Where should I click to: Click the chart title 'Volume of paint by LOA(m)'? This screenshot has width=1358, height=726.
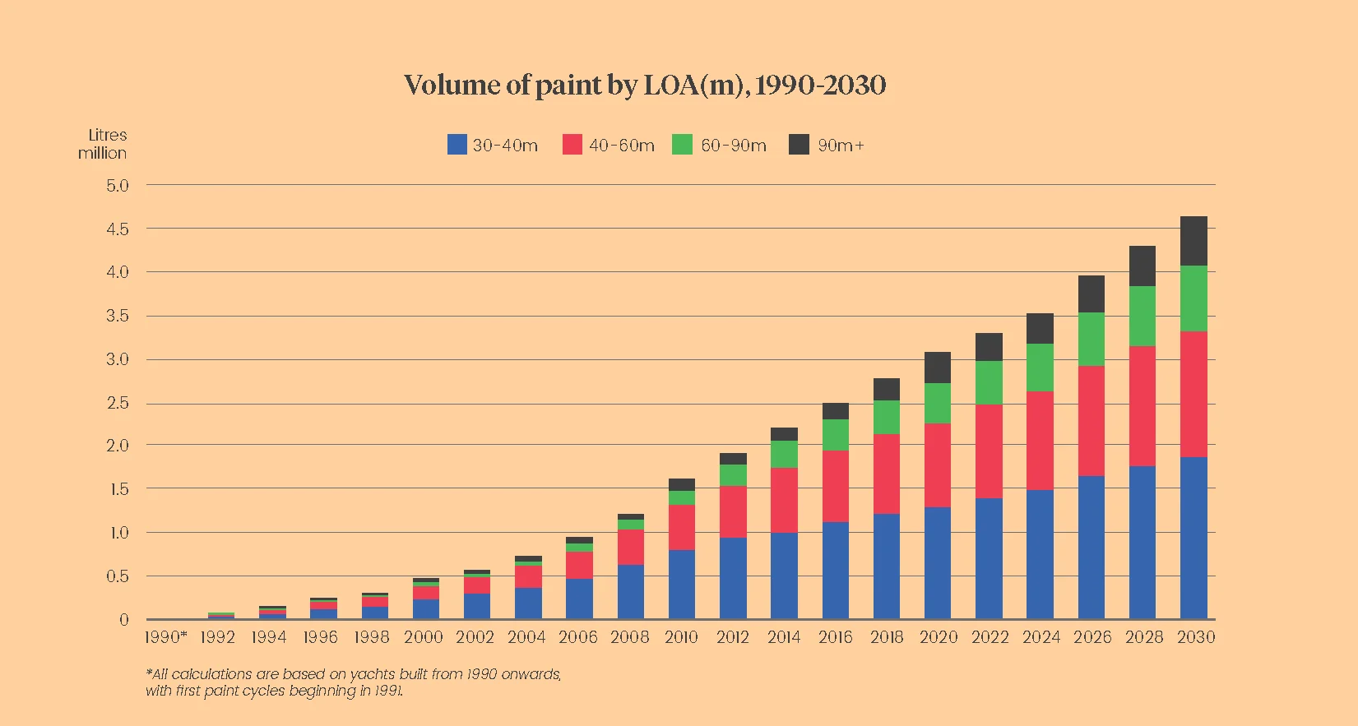[644, 85]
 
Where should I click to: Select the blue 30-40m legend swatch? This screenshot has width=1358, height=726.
[457, 145]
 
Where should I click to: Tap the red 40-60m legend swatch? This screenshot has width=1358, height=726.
[572, 145]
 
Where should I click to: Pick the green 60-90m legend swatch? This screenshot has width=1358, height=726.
[682, 145]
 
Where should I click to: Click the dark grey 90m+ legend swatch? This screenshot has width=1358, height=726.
[799, 145]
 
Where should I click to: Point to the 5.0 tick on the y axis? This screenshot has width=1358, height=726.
[118, 186]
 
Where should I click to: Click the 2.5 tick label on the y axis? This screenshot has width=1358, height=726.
[118, 403]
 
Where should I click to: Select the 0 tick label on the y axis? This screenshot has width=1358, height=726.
[124, 620]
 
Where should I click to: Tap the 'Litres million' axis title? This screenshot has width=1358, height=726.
[104, 144]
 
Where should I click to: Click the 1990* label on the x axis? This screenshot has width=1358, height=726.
[165, 637]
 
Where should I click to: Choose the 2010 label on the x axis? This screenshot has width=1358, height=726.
[681, 637]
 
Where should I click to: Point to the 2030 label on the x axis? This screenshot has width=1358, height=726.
[1195, 637]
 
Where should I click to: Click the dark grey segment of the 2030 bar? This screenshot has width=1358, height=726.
[1193, 241]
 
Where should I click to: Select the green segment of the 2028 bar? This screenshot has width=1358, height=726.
[1142, 317]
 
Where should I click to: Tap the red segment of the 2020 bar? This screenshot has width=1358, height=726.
[938, 465]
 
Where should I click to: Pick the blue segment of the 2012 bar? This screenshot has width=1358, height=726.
[733, 578]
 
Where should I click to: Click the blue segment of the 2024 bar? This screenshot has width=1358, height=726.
[1040, 554]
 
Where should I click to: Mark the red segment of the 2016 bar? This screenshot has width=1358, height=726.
[836, 486]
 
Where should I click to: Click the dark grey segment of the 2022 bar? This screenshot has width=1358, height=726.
[989, 347]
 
